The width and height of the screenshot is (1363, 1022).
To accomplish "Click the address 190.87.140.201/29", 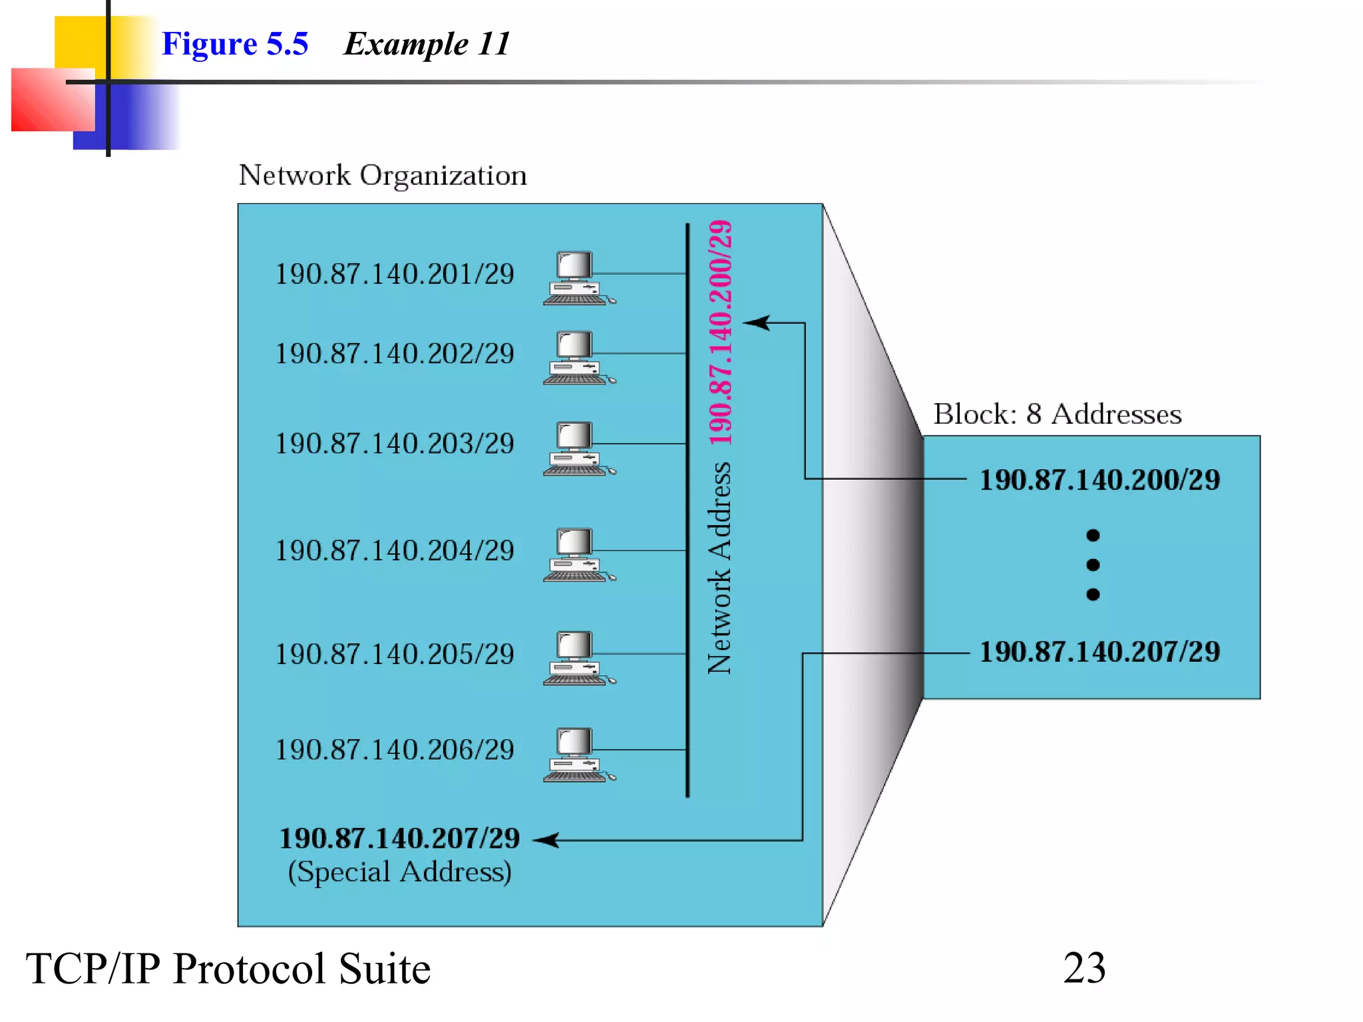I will tap(395, 274).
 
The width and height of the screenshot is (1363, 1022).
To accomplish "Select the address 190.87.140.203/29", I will tap(395, 444).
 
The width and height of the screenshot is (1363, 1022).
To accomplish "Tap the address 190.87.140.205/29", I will tap(395, 654).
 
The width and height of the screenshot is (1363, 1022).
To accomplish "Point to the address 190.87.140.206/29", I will tap(395, 750).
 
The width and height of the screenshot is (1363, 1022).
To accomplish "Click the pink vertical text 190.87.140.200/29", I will tap(721, 333).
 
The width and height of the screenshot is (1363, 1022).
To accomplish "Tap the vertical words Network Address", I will tap(719, 568).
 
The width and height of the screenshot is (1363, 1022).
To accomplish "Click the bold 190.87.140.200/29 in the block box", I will tap(1099, 480).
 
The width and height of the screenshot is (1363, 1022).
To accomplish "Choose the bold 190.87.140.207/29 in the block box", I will tap(1099, 651).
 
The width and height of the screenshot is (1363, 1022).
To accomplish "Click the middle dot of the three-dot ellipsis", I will tap(1093, 565).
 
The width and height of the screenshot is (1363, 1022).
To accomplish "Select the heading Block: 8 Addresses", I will tap(1057, 414).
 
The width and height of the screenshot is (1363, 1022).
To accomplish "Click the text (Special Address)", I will tap(399, 872).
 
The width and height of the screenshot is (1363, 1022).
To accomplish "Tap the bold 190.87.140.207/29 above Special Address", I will tap(399, 838).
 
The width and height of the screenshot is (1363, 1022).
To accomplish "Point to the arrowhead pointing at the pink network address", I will tap(755, 323).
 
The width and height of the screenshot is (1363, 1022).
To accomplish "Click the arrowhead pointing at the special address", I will tap(546, 840).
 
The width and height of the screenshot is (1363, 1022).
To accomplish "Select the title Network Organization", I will tap(383, 176).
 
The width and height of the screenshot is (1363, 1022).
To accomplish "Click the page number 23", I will tap(1084, 968).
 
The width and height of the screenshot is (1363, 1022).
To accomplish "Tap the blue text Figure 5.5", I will tap(235, 44).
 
